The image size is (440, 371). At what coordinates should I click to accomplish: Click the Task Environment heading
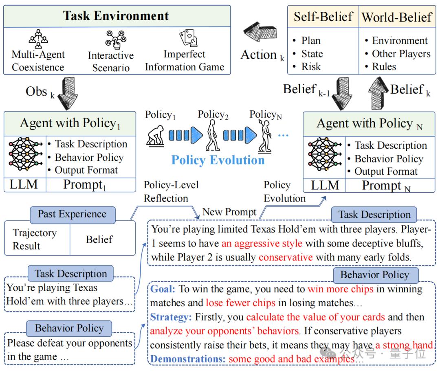pyautogui.click(x=116, y=16)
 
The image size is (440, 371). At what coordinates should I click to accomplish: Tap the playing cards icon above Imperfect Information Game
pyautogui.click(x=188, y=38)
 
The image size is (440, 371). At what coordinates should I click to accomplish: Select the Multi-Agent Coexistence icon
pyautogui.click(x=38, y=39)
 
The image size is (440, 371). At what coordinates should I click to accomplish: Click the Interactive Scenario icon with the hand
pyautogui.click(x=116, y=40)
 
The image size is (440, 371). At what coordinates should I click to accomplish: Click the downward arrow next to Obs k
pyautogui.click(x=68, y=93)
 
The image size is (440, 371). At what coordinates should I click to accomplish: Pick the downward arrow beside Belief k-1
pyautogui.click(x=342, y=93)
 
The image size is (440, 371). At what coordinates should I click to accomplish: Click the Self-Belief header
pyautogui.click(x=323, y=16)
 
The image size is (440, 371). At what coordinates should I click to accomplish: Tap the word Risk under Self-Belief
pyautogui.click(x=311, y=66)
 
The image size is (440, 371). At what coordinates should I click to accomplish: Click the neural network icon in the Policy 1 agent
pyautogui.click(x=25, y=154)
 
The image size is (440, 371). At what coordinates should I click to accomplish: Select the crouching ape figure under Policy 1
pyautogui.click(x=156, y=136)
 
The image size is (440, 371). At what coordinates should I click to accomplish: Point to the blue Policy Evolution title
pyautogui.click(x=218, y=160)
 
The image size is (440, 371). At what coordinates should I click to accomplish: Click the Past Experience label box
pyautogui.click(x=73, y=215)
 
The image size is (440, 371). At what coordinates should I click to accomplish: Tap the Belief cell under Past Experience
pyautogui.click(x=99, y=239)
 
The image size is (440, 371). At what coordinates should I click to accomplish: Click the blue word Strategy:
pyautogui.click(x=171, y=317)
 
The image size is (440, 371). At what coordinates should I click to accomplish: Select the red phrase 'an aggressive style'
pyautogui.click(x=262, y=243)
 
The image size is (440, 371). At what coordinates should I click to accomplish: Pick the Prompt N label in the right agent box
pyautogui.click(x=386, y=186)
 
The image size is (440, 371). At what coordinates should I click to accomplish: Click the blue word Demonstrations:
pyautogui.click(x=188, y=359)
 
